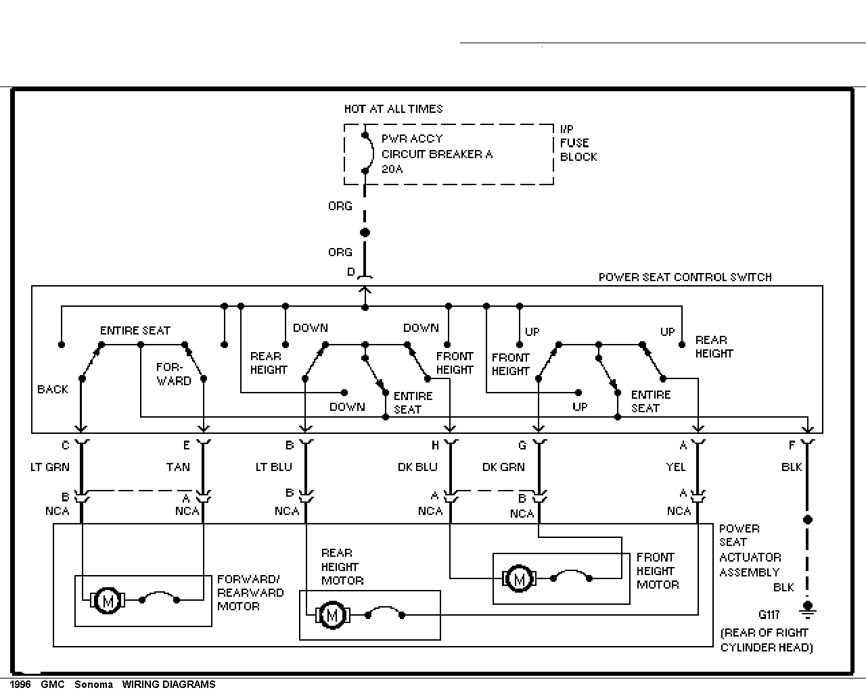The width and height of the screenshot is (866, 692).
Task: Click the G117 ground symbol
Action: click(x=807, y=610)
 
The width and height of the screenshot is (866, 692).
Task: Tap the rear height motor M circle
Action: click(x=332, y=615)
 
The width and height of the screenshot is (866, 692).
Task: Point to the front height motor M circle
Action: click(x=519, y=578)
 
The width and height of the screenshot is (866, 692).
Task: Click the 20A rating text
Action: click(x=392, y=169)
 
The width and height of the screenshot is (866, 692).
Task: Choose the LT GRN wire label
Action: click(x=50, y=467)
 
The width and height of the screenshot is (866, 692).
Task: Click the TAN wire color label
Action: click(x=178, y=467)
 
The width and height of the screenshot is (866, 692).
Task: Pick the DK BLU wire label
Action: click(x=417, y=467)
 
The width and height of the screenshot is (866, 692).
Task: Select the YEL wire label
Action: click(x=676, y=467)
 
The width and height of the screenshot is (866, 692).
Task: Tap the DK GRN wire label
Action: click(x=503, y=467)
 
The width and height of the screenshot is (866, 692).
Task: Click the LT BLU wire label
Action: click(x=273, y=467)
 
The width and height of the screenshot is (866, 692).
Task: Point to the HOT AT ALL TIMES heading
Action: click(x=393, y=109)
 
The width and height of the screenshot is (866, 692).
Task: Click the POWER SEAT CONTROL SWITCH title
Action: click(x=685, y=277)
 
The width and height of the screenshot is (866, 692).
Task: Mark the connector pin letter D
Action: click(x=351, y=272)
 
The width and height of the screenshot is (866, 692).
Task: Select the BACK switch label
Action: click(x=52, y=389)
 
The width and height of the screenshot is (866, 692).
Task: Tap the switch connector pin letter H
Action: click(x=435, y=445)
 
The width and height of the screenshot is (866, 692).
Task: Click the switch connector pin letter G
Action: click(x=522, y=445)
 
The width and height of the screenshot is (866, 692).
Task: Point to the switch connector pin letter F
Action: click(x=792, y=445)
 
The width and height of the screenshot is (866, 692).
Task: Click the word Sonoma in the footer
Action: click(x=93, y=685)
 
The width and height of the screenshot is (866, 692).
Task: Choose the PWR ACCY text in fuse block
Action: click(x=411, y=139)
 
